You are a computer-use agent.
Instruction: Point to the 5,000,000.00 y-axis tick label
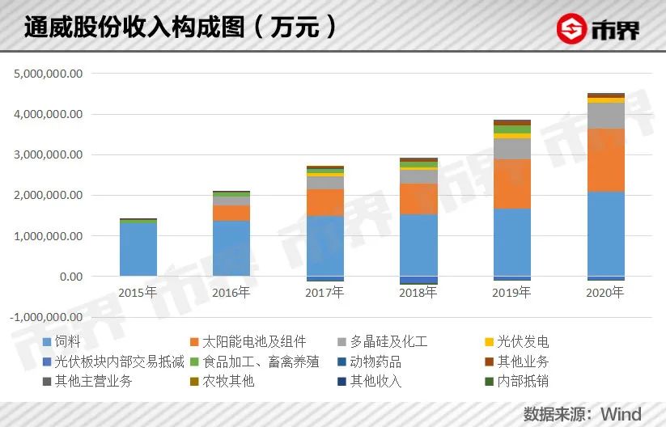[49, 74]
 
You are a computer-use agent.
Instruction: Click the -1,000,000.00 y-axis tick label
[48, 317]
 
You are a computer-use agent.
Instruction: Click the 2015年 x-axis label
[138, 293]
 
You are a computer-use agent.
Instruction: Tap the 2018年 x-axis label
[418, 293]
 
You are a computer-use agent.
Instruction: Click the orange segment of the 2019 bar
[511, 184]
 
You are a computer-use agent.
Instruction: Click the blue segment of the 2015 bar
[138, 249]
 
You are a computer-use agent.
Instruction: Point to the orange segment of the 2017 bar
[325, 202]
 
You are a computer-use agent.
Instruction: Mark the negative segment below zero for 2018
[418, 281]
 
